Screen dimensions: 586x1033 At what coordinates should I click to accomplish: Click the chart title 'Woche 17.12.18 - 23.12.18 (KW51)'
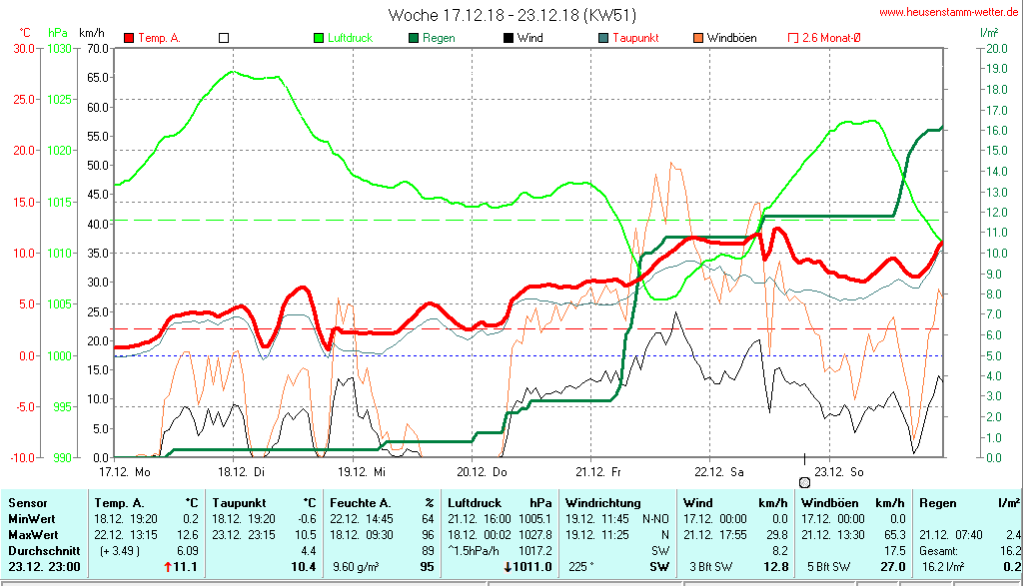coord(512,15)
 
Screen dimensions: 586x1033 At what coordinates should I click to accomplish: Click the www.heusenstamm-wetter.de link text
coord(950,13)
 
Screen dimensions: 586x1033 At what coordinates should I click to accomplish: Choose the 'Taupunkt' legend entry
coord(637,38)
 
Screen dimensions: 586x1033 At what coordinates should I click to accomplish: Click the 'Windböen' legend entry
coord(730,38)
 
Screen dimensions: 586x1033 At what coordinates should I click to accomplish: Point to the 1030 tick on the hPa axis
coord(60,48)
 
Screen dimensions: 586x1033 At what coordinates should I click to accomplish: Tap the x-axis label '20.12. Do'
coord(483,470)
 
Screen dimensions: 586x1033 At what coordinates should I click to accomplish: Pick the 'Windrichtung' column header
coord(602,502)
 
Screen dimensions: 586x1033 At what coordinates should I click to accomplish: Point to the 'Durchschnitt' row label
coord(37,550)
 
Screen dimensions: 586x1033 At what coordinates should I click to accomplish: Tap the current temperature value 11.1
coord(186,567)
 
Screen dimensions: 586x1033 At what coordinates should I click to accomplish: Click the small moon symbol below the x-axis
coord(805,482)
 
